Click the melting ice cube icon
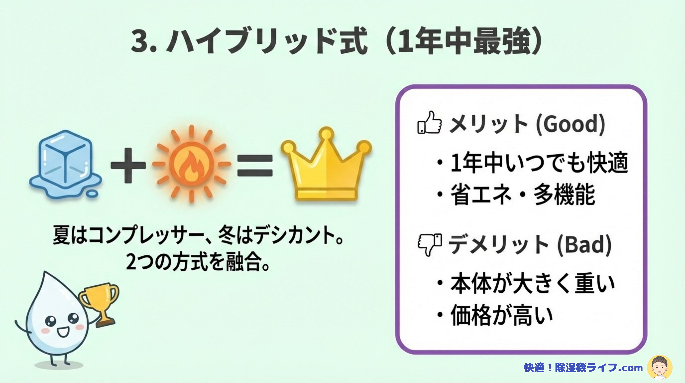pyautogui.click(x=65, y=165)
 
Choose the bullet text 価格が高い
pyautogui.click(x=502, y=315)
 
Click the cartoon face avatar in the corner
pyautogui.click(x=660, y=368)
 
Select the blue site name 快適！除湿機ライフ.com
pyautogui.click(x=583, y=368)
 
